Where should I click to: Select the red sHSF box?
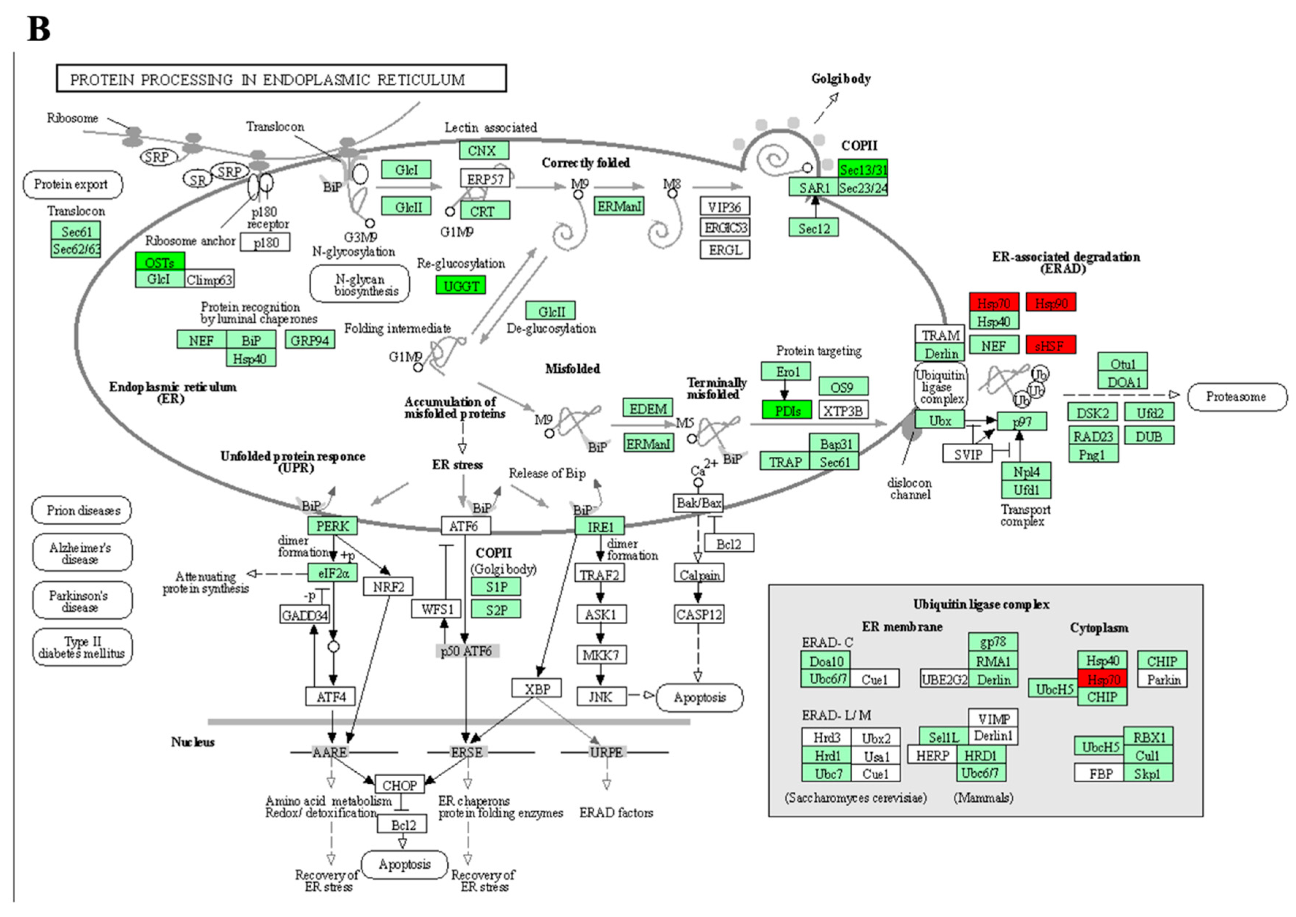coord(1050,345)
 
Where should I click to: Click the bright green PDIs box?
coord(787,411)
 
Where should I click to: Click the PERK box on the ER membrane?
coord(332,526)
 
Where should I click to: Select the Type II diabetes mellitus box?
coord(83,647)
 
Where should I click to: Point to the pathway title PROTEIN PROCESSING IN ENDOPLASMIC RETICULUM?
coord(281,79)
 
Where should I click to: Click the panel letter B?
coord(38,29)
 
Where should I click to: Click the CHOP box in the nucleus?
coord(399,785)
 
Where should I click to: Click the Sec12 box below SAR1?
coord(813,228)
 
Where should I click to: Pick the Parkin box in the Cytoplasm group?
coord(1162,679)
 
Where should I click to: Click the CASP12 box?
coord(698,614)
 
